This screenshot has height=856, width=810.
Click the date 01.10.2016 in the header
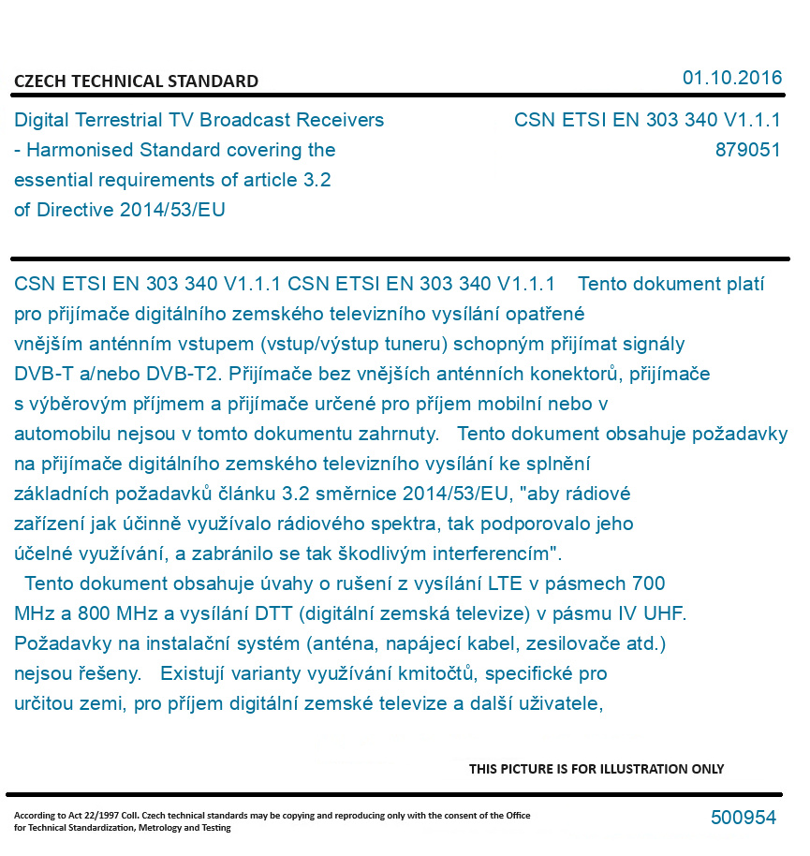tap(732, 78)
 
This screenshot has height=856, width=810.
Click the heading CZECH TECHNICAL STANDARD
tap(136, 81)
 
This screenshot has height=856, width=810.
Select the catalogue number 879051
tap(747, 150)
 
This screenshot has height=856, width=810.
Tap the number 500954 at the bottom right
tap(744, 818)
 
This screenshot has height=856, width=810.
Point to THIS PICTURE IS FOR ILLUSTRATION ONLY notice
tap(596, 769)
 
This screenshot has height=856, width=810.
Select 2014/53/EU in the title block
tap(172, 210)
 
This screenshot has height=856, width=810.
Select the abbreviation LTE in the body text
tap(505, 583)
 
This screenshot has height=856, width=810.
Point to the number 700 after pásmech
tap(648, 583)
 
